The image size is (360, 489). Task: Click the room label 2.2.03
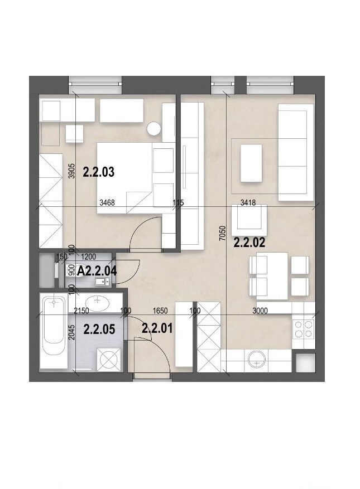pos(99,172)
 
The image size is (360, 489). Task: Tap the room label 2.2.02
pos(249,243)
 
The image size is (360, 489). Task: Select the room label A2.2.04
pos(97,271)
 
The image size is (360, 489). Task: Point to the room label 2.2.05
pos(99,330)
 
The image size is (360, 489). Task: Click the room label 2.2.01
pos(157,328)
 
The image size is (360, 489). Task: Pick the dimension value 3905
pos(72,171)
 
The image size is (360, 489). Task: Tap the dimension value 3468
pos(107,203)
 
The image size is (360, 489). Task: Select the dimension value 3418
pos(248,203)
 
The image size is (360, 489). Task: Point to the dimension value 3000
pos(260,311)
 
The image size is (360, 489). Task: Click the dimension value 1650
pos(160,311)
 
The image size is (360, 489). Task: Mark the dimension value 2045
pos(72,332)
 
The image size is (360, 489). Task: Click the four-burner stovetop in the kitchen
pos(304,329)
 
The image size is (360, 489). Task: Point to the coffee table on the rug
pos(251,163)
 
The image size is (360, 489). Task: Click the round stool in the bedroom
pos(154,128)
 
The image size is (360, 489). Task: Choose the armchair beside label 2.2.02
pos(249,220)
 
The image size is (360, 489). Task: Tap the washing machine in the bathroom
pos(109,359)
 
